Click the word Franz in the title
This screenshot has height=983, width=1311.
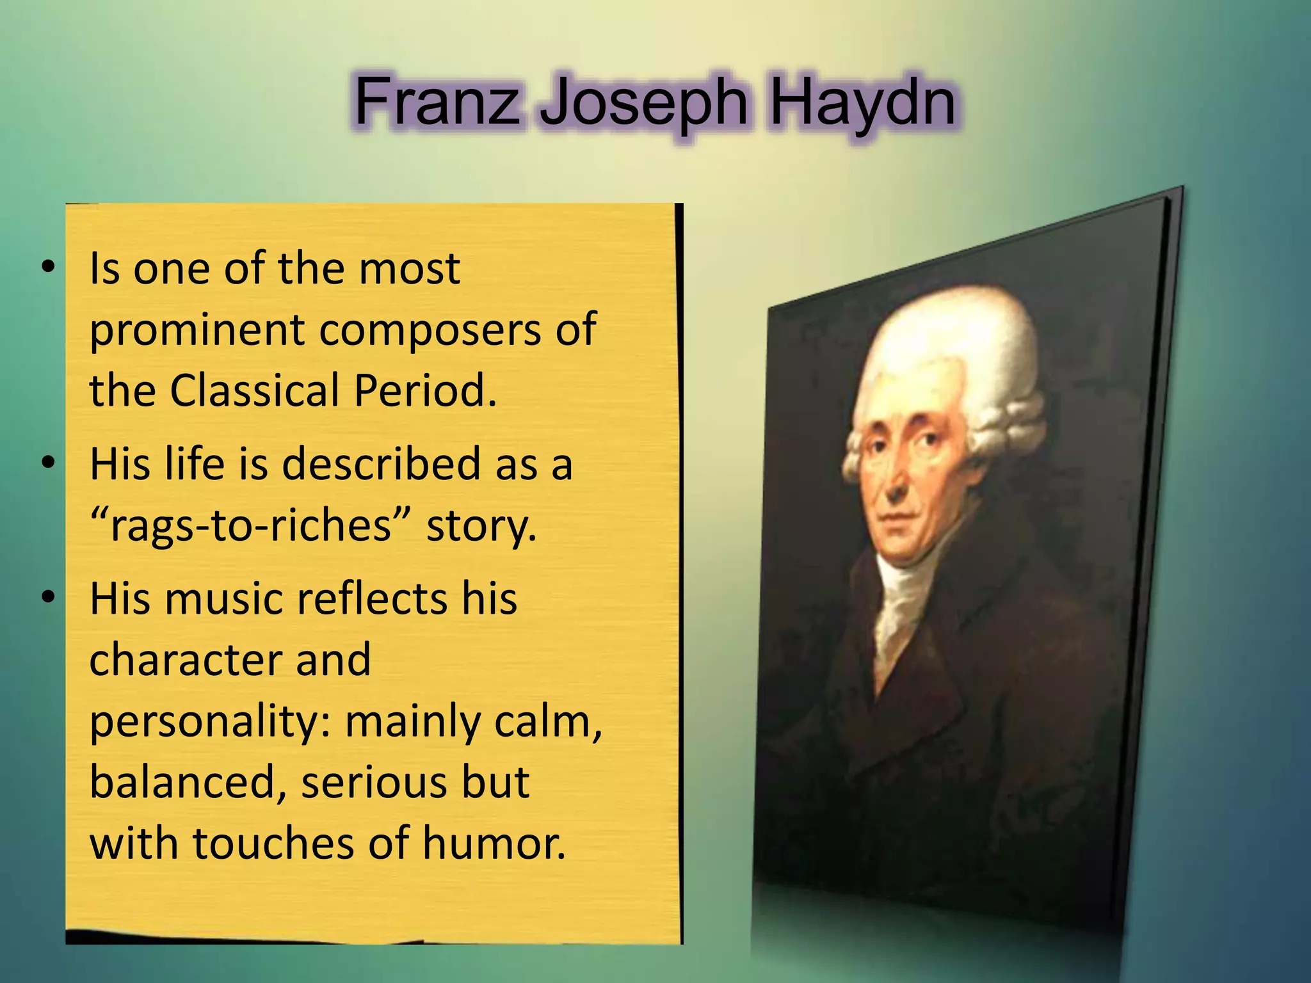[x=437, y=102]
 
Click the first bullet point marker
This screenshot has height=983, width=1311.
[x=48, y=268]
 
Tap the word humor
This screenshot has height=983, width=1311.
[x=494, y=843]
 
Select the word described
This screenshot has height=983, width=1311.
[x=381, y=463]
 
